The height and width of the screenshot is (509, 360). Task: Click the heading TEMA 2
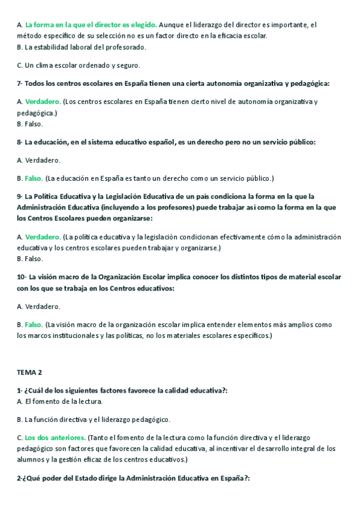point(29,372)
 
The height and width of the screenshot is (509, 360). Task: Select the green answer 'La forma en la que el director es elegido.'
point(91,25)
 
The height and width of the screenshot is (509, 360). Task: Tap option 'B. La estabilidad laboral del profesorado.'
point(81,47)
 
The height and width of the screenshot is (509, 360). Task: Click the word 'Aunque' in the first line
point(173,25)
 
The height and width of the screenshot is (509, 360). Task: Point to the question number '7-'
point(20,83)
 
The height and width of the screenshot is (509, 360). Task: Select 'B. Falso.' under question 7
point(29,124)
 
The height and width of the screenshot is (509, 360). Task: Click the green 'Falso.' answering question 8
point(34,178)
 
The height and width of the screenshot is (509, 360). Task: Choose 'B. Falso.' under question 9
point(29,259)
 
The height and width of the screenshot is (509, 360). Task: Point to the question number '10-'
point(22,277)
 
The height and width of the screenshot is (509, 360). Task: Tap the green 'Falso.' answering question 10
point(34,324)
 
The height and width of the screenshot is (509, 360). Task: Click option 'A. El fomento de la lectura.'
point(59,401)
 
